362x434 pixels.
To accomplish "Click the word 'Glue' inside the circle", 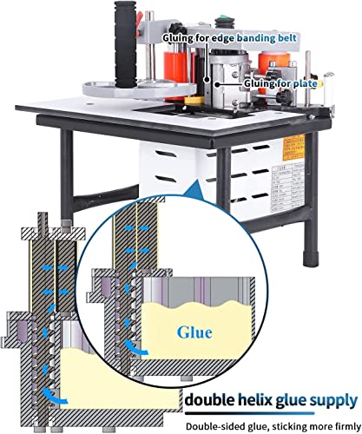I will coord(194,331).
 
